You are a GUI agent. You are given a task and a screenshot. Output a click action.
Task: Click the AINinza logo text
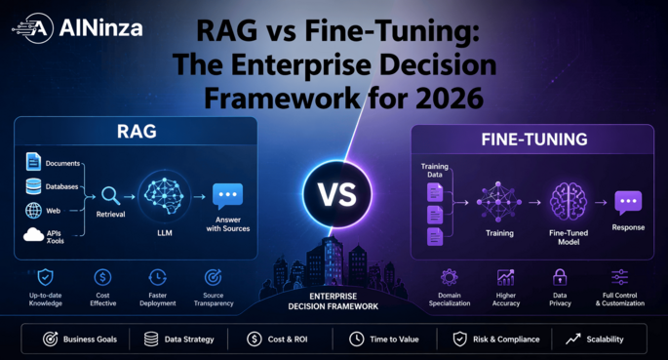(101, 27)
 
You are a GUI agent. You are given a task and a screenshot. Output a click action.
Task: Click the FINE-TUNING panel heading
(533, 140)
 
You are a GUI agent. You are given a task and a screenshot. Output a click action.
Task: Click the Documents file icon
(33, 162)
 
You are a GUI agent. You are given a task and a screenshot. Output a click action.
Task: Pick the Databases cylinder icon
(33, 185)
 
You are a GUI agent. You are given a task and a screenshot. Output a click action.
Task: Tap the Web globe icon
(33, 210)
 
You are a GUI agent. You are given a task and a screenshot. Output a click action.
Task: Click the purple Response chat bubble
(628, 203)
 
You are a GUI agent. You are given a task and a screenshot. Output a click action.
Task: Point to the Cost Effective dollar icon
(103, 278)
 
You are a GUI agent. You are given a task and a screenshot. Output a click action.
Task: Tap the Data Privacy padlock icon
(560, 278)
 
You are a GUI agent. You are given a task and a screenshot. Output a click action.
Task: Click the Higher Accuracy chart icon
(505, 278)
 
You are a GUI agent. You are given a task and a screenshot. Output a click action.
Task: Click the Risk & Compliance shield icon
(459, 340)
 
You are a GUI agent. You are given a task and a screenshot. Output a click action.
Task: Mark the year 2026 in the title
(441, 99)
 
